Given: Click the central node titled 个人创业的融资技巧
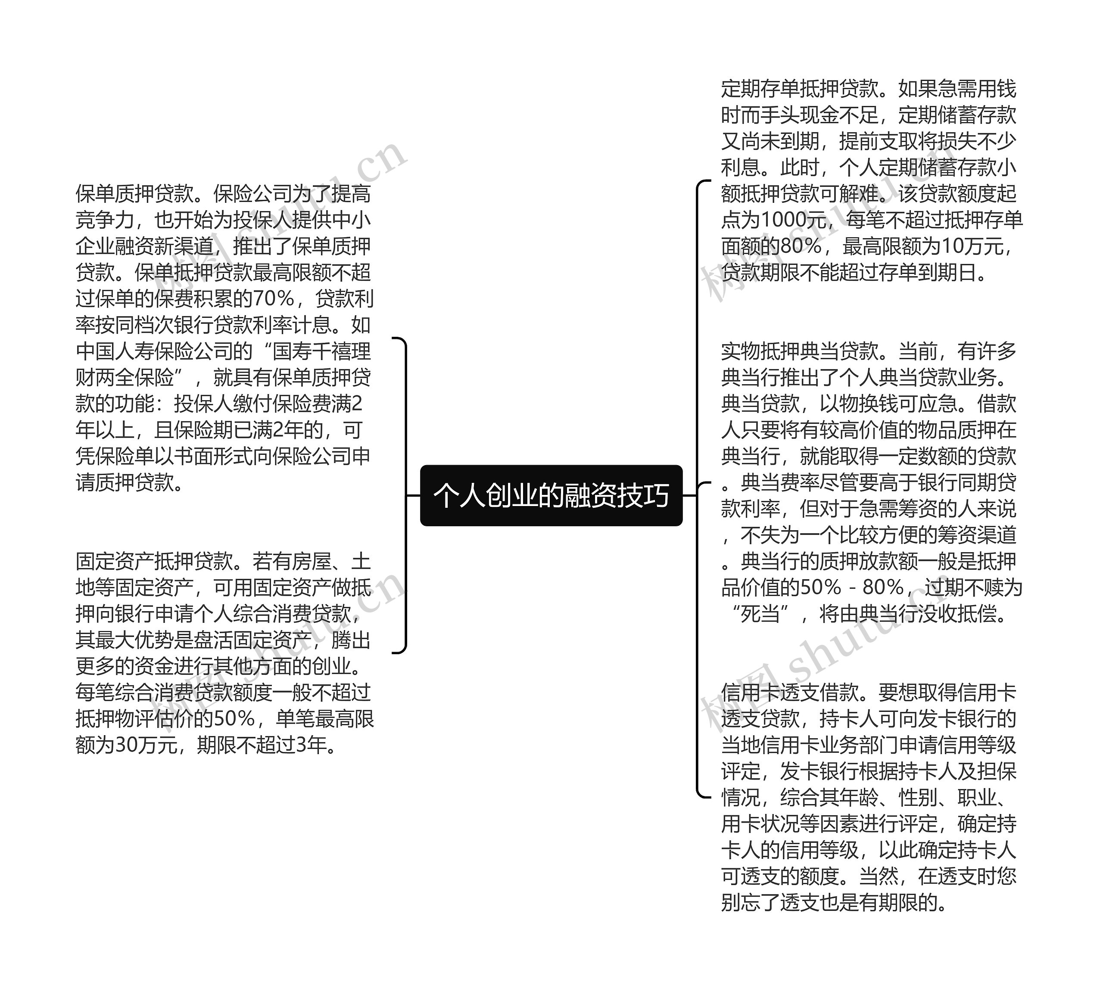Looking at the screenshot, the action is (551, 495).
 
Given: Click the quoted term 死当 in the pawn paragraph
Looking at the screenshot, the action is (760, 614).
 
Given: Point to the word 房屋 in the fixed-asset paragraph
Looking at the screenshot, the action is (312, 561).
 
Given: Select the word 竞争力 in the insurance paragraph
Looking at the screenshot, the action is (105, 220).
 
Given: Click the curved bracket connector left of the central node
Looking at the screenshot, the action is (405, 495).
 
